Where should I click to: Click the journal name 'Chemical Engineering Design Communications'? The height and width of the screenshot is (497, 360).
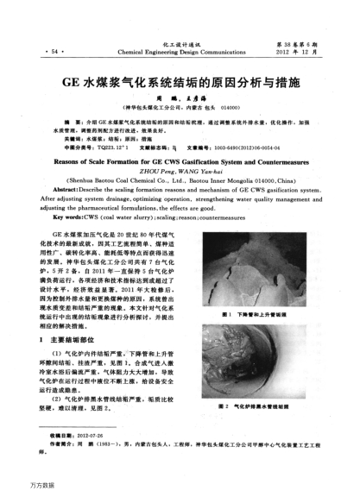point(180,52)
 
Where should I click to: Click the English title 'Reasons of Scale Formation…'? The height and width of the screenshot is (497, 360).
point(179,161)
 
